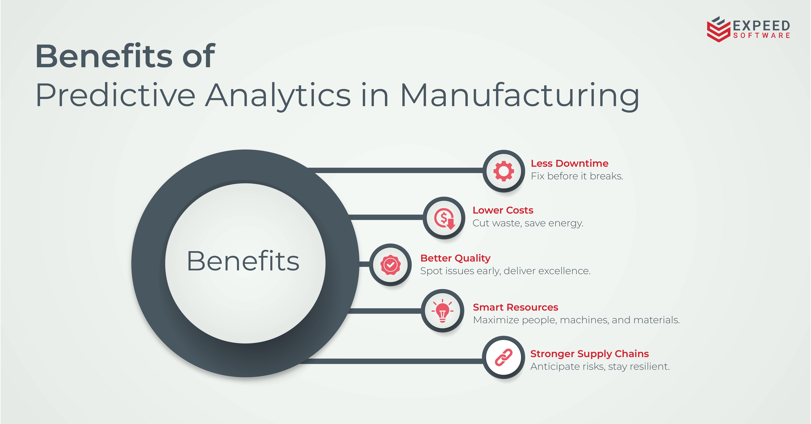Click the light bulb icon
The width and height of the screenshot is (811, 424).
442,311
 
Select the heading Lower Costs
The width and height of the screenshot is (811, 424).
503,210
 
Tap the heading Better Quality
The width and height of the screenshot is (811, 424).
455,258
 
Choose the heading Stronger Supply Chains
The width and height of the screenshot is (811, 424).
589,354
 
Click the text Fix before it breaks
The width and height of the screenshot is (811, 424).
577,176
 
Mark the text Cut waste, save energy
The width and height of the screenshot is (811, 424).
528,223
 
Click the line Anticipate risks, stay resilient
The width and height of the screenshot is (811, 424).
600,366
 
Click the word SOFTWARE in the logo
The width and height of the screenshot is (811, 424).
762,35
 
